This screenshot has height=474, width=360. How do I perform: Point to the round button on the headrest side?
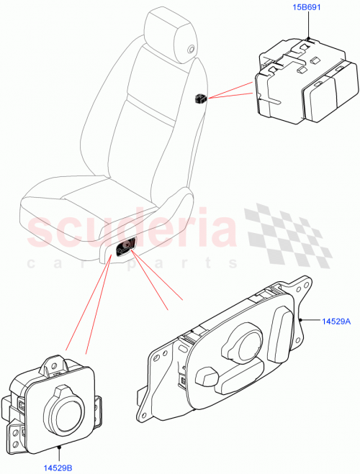click(x=191, y=48)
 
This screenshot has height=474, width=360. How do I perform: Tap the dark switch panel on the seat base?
click(x=127, y=247)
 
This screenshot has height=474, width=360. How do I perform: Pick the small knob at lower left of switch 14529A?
click(x=206, y=376)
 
